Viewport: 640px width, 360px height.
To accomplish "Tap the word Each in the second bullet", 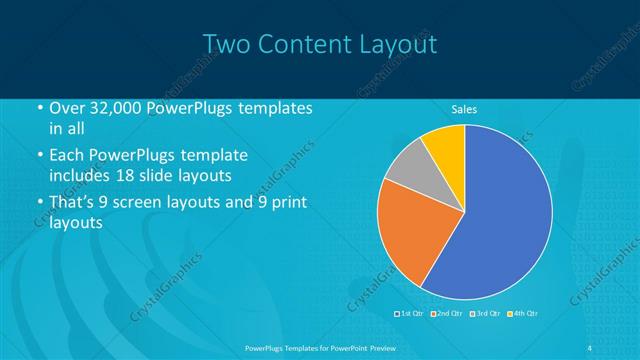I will tap(68, 157).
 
